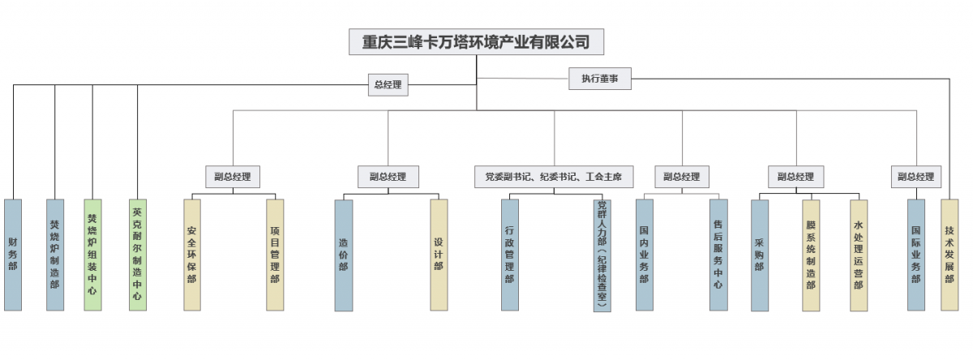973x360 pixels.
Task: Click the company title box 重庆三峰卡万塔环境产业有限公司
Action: pos(476,41)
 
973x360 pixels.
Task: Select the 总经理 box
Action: pos(388,84)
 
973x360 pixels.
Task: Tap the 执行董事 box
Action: pos(600,79)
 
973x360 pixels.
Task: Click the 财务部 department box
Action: pos(13,255)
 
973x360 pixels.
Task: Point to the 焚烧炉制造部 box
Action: pos(54,255)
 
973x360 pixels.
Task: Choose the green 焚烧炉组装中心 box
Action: pos(92,255)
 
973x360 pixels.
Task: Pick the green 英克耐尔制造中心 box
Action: pos(137,255)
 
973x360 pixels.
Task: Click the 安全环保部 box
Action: pos(192,255)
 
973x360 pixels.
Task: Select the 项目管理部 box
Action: pos(276,255)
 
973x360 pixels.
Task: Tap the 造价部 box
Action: pos(344,255)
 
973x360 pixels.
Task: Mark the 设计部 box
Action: pos(439,255)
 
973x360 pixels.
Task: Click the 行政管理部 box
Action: pos(509,255)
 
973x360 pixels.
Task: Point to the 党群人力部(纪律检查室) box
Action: pos(602,255)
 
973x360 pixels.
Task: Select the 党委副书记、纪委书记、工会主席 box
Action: pos(554,177)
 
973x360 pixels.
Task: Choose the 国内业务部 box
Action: pos(645,255)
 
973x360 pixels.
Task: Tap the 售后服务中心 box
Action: pos(718,255)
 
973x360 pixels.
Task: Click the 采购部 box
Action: pos(760,255)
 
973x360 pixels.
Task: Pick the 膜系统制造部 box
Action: pos(811,255)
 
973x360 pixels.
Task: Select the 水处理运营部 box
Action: pos(859,255)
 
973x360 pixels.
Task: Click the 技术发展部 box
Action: pos(949,255)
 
